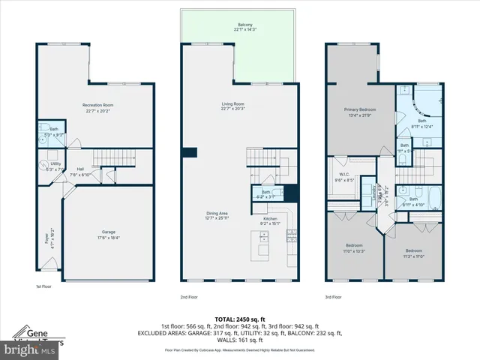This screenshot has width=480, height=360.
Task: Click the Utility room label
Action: click(x=55, y=166)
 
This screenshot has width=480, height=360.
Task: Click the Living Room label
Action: click(x=234, y=106)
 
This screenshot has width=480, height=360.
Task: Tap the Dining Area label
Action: click(x=217, y=216)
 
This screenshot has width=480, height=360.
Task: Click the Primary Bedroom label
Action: click(x=359, y=112)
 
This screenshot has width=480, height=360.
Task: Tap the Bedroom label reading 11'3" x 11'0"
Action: click(x=415, y=253)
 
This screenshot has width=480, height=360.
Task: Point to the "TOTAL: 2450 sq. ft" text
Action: click(x=239, y=319)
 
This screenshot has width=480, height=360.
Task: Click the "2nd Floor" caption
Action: click(x=189, y=297)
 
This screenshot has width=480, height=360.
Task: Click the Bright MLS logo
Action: click(x=30, y=350)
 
